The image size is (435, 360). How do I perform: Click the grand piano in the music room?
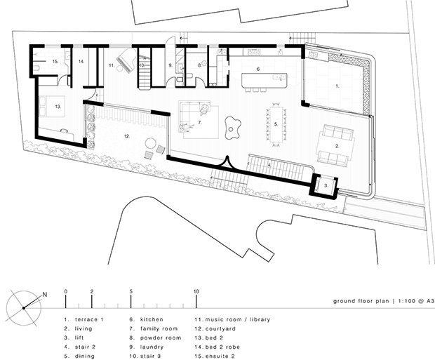point(126,61)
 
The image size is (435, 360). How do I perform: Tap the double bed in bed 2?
point(52,107)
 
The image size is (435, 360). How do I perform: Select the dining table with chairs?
point(276,124)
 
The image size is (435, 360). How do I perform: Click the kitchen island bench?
point(265,80)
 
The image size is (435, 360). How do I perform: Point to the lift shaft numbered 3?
point(325,186)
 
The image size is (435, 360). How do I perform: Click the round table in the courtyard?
point(151,144)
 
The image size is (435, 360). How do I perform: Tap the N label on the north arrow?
point(45,295)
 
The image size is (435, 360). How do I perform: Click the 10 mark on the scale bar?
point(196,291)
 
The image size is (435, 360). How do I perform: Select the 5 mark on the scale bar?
point(131,291)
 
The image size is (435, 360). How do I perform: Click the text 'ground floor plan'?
point(361,301)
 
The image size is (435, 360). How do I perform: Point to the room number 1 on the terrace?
point(337,86)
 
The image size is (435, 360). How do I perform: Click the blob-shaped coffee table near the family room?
point(232,128)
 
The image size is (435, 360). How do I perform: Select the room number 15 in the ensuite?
point(55,61)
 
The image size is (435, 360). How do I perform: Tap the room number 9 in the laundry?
point(170,65)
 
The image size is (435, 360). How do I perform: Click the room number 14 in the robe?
point(81,61)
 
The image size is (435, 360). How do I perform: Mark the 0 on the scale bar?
point(66,291)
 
